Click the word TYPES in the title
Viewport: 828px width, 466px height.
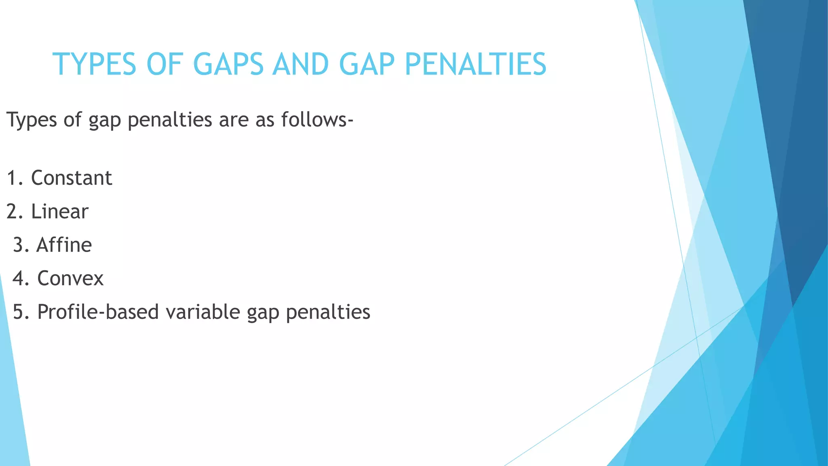[x=94, y=64]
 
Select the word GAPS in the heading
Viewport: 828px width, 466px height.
[x=228, y=64]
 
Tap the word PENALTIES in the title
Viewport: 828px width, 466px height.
[x=475, y=64]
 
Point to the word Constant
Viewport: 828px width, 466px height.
[x=72, y=178]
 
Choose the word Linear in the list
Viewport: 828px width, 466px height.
[x=60, y=212]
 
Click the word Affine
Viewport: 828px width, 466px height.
[x=64, y=245]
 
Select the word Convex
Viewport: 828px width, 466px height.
[x=70, y=279]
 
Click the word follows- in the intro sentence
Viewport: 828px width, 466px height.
[x=317, y=120]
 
